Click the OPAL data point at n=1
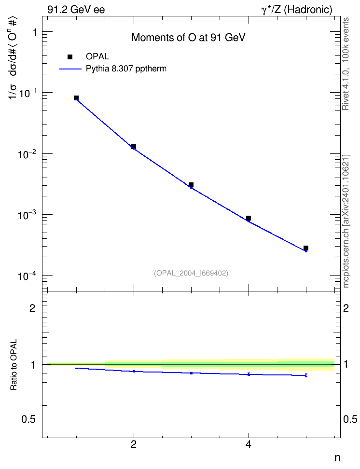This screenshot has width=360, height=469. coord(76,98)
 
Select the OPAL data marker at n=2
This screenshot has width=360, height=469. coord(134,147)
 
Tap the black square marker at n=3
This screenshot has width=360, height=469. coord(191,185)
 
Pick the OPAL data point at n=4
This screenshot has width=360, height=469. coord(249,218)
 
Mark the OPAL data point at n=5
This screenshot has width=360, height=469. coord(306,248)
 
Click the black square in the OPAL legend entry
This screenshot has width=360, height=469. coord(70,57)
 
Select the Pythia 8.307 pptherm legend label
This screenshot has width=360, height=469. coord(126,69)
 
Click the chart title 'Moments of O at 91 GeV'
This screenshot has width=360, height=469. coord(188,38)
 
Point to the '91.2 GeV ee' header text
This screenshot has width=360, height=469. coord(76,10)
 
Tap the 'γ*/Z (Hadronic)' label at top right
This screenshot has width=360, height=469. coord(297,10)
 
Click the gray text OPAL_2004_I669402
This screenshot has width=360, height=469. coord(191,273)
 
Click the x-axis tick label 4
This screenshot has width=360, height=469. coord(249,444)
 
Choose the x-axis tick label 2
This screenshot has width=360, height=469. coord(134,444)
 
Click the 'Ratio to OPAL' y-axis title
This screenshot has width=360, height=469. coord(14,365)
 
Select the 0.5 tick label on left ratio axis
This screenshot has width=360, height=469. coord(29,420)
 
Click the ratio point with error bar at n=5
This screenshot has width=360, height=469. coord(306,375)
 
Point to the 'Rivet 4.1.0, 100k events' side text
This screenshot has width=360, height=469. coord(346,64)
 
